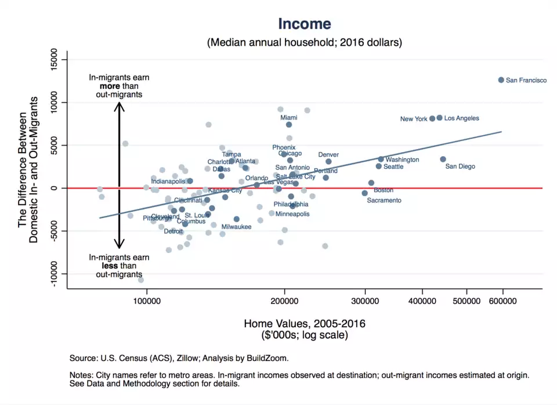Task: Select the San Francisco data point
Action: click(x=501, y=80)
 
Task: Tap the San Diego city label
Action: click(x=460, y=167)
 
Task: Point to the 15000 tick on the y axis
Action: click(x=57, y=60)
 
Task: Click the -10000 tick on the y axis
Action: click(x=57, y=274)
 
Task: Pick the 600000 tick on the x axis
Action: click(x=502, y=301)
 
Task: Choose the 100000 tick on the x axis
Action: click(x=147, y=301)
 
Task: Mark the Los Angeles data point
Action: click(x=439, y=118)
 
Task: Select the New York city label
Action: click(x=414, y=120)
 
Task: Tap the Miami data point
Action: click(x=289, y=125)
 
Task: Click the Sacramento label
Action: click(x=384, y=201)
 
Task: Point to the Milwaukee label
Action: click(x=236, y=227)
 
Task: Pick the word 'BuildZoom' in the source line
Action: click(x=271, y=358)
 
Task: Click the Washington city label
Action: click(x=402, y=160)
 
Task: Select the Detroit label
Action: click(x=173, y=232)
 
